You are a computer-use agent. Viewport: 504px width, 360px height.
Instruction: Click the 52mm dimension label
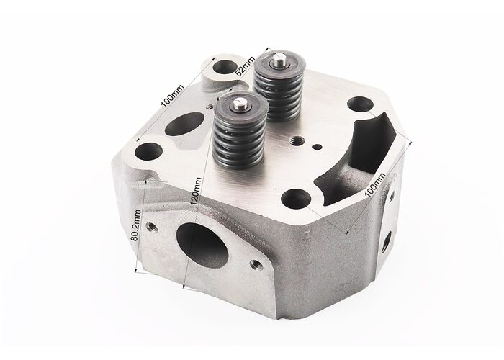[x=246, y=66]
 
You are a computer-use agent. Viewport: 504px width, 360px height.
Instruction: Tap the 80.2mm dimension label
[x=135, y=225]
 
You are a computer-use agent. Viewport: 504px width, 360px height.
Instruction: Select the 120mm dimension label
[x=196, y=192]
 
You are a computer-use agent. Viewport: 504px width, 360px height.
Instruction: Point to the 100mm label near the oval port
[x=172, y=96]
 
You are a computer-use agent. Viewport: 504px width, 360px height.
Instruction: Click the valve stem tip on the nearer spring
[x=240, y=104]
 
